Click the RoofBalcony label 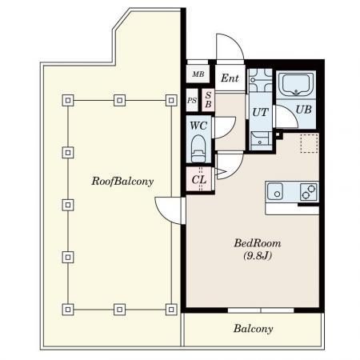coord(122,182)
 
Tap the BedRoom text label coord(258,243)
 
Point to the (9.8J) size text coord(258,256)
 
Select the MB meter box coord(198,74)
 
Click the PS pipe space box coord(192,100)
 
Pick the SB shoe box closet coord(208,100)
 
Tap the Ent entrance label coord(230,78)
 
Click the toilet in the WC coord(198,149)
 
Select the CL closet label coord(199,179)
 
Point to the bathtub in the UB coord(296,83)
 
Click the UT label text coord(260,112)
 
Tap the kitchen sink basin coord(275,191)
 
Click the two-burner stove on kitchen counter coord(309,192)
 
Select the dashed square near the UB coord(310,143)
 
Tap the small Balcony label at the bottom coord(253,329)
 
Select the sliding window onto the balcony coord(261,310)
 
